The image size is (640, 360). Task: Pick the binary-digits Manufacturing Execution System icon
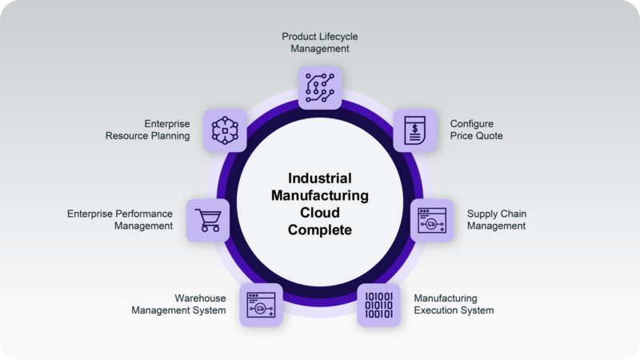378,305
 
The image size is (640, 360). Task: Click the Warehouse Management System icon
261,305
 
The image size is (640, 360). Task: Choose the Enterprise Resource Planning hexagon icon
225,130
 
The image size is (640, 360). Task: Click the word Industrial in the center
320,178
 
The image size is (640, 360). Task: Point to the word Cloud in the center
320,213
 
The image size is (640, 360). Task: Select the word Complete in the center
320,230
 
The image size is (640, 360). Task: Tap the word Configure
472,124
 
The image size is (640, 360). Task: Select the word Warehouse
201,298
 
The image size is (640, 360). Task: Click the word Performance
143,214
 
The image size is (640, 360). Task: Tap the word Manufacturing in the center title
320,195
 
